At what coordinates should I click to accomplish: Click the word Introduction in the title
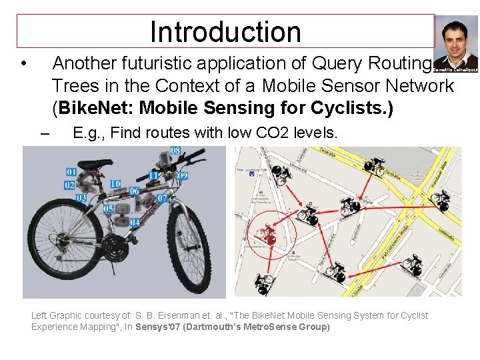[x=225, y=31]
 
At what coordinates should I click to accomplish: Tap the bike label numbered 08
[x=175, y=151]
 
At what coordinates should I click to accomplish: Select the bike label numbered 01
[x=71, y=173]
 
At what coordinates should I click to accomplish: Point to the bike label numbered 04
[x=135, y=222]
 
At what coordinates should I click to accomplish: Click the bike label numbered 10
[x=115, y=184]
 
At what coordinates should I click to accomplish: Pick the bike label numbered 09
[x=182, y=176]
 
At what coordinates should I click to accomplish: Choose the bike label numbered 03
[x=81, y=198]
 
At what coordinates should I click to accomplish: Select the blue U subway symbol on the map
[x=251, y=175]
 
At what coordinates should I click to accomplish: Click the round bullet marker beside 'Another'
[x=23, y=65]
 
